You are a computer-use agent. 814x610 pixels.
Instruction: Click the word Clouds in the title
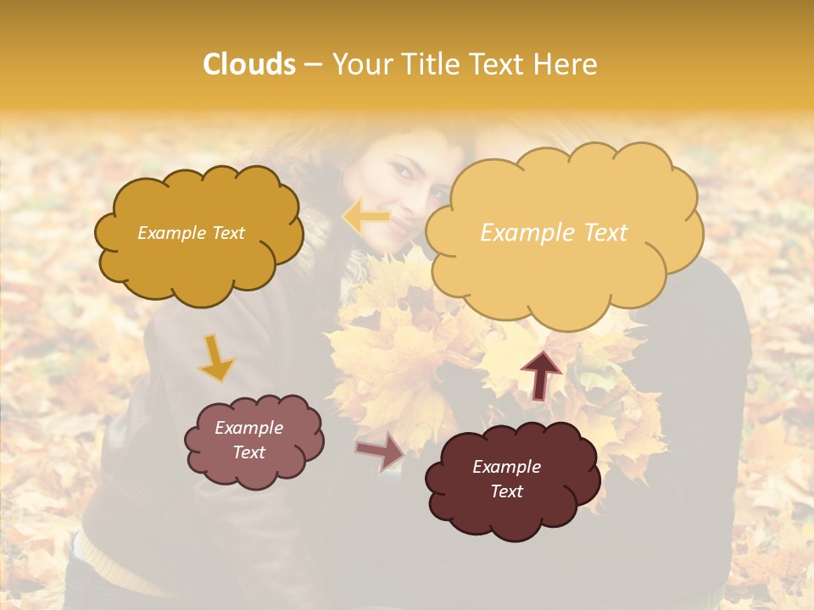click(249, 64)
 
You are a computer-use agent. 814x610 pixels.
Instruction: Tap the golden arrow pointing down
click(216, 359)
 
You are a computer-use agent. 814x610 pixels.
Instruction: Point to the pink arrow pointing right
click(381, 451)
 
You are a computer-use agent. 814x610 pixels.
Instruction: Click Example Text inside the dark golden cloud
click(191, 233)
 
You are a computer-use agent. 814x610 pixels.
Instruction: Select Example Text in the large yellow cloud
click(554, 233)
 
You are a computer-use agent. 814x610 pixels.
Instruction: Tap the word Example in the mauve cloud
click(248, 428)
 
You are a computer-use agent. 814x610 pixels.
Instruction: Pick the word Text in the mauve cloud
click(248, 452)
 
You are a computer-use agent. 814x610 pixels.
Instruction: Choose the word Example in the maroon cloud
click(506, 467)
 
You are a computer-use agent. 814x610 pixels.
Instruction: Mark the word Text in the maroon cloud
click(506, 491)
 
